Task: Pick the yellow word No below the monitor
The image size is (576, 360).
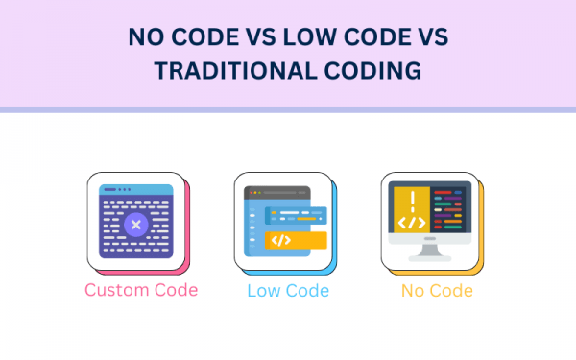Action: click(x=414, y=290)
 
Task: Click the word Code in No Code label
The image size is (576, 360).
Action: click(x=451, y=290)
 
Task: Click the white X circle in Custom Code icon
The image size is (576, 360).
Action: click(x=135, y=225)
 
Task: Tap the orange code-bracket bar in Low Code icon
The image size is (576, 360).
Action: click(x=297, y=240)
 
